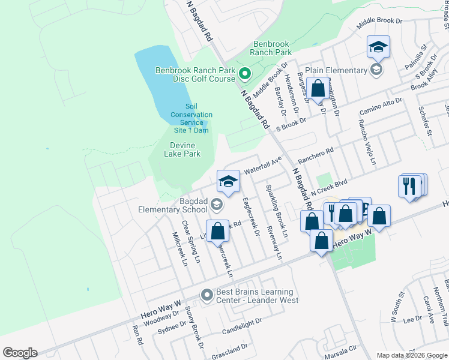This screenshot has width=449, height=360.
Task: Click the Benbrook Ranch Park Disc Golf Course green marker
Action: point(245,75)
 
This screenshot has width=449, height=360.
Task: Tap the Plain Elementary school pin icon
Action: point(376,70)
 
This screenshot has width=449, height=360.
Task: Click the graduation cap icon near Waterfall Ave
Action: point(228,182)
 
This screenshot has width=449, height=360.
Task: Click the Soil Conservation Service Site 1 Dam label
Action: point(191,118)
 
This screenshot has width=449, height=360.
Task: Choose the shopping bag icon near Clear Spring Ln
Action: point(217,231)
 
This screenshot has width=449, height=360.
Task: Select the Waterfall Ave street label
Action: point(263,166)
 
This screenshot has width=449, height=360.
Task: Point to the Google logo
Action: point(20,353)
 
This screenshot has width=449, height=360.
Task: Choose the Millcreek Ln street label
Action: point(179,248)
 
